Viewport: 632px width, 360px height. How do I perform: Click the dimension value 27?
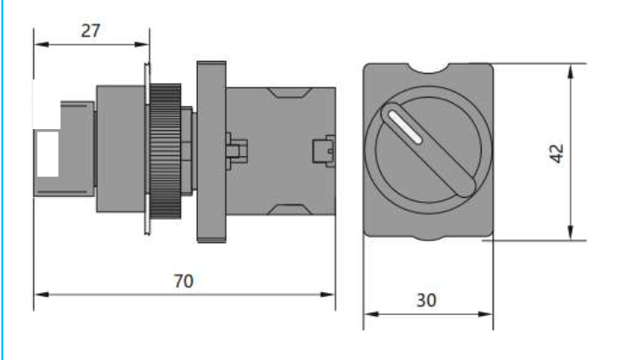(92, 31)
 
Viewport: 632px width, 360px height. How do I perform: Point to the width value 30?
(427, 301)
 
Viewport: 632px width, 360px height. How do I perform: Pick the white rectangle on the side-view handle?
(48, 153)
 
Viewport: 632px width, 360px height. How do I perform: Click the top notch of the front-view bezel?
(427, 67)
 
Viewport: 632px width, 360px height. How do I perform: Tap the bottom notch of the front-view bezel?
(427, 238)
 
